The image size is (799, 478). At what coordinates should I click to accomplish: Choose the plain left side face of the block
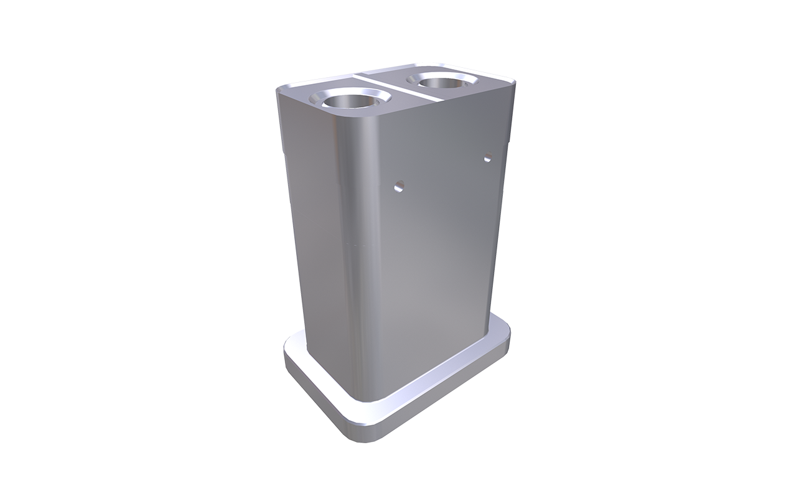click(x=317, y=237)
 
